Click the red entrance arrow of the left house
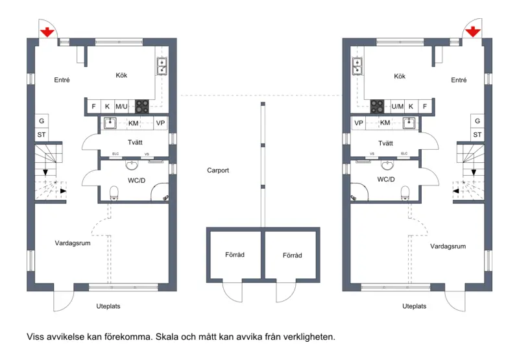click(x=47, y=32)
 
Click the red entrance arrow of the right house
click(x=473, y=32)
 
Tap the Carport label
click(x=218, y=171)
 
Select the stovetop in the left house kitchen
click(x=142, y=106)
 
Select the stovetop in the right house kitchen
click(x=377, y=106)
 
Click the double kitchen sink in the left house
click(x=162, y=67)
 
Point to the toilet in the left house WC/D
click(x=114, y=193)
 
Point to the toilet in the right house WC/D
click(x=405, y=193)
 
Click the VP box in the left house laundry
click(x=160, y=123)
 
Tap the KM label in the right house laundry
click(x=385, y=123)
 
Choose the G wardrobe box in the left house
click(x=42, y=121)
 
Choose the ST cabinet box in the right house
click(x=477, y=135)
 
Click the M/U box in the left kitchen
click(x=121, y=106)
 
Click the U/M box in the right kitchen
click(x=398, y=106)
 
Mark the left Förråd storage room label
click(x=235, y=255)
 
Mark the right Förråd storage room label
click(x=293, y=256)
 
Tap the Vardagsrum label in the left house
click(x=73, y=243)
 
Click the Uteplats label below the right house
click(x=414, y=306)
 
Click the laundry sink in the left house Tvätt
click(x=110, y=123)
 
